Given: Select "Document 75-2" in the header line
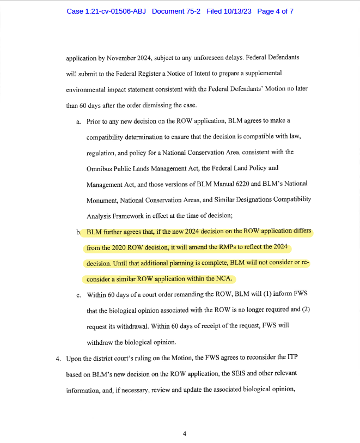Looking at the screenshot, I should [176, 11].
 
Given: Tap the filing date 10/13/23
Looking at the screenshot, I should [237, 11].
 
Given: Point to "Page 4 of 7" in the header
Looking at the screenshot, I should [275, 11].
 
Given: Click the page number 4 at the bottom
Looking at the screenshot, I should [185, 434].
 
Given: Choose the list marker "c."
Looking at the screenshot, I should [79, 296].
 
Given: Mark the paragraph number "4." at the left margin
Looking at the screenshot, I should [58, 360].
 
